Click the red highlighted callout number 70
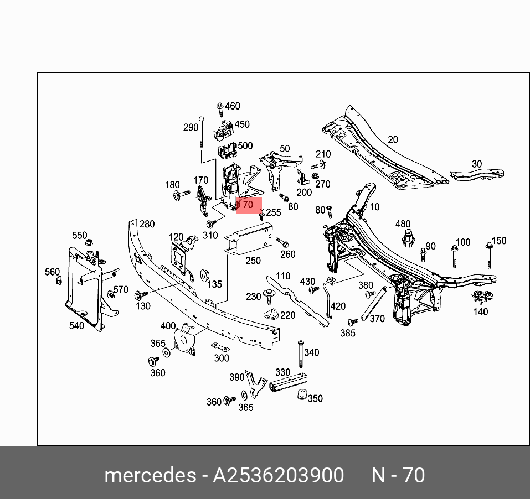pyautogui.click(x=248, y=205)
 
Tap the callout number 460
pyautogui.click(x=232, y=106)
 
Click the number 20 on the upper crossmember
pyautogui.click(x=392, y=139)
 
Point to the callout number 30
pyautogui.click(x=476, y=164)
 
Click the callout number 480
pyautogui.click(x=403, y=224)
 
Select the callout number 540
pyautogui.click(x=76, y=326)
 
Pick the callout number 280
pyautogui.click(x=147, y=224)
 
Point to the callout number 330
pyautogui.click(x=282, y=372)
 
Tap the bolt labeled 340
pyautogui.click(x=300, y=354)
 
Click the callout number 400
pyautogui.click(x=167, y=326)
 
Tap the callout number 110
pyautogui.click(x=282, y=276)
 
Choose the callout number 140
pyautogui.click(x=481, y=311)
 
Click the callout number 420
pyautogui.click(x=337, y=306)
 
